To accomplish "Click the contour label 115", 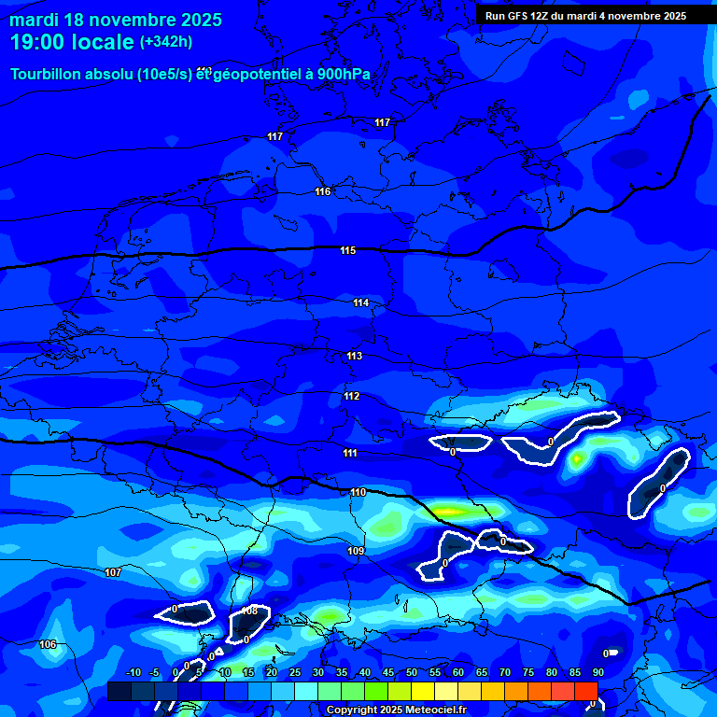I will (348, 250).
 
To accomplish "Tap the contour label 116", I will (323, 191).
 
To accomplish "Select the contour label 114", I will (361, 302).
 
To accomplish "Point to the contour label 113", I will (354, 356).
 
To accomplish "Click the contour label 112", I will (351, 397).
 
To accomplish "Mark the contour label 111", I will (349, 453).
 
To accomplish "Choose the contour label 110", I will (358, 492).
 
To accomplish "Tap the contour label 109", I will (356, 551).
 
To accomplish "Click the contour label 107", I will (113, 572).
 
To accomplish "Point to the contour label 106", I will (49, 644).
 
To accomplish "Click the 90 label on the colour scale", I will (597, 672).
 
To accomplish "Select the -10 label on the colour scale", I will (133, 672).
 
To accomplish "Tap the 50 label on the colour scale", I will (412, 672).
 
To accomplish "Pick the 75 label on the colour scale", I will (528, 672).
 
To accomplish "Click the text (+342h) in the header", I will (166, 42).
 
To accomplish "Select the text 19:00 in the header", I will (34, 42).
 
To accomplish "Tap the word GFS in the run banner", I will (521, 16).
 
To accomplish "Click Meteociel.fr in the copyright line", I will (435, 710).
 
